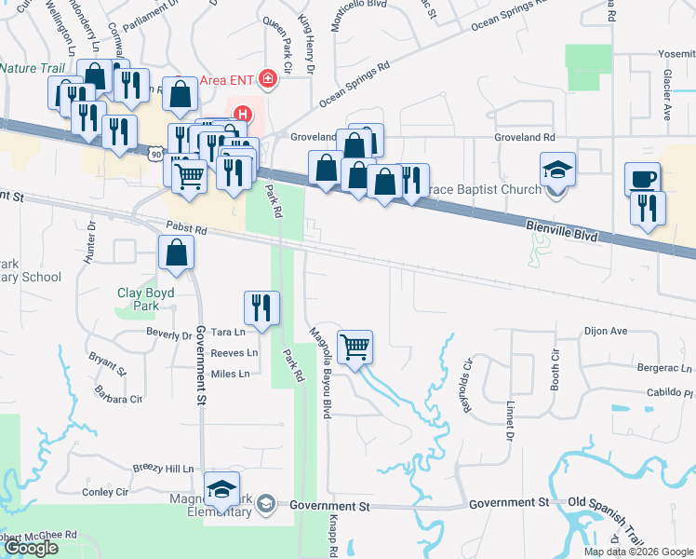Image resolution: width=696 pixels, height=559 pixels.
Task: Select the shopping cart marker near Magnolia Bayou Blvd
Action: click(355, 348)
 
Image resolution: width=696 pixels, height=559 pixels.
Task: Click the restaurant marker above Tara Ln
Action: click(261, 308)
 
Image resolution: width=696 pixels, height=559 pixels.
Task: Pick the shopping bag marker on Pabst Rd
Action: click(176, 252)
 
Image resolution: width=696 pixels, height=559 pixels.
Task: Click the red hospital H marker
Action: click(242, 116)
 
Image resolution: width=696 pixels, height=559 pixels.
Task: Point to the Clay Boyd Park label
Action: click(145, 298)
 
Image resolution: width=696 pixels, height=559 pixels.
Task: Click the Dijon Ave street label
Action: click(606, 330)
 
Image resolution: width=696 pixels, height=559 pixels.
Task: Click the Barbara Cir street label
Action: click(124, 399)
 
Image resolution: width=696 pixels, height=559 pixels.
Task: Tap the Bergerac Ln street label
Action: click(664, 368)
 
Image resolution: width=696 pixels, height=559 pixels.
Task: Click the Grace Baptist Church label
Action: click(485, 190)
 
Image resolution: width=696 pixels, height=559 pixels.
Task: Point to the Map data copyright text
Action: click(638, 552)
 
